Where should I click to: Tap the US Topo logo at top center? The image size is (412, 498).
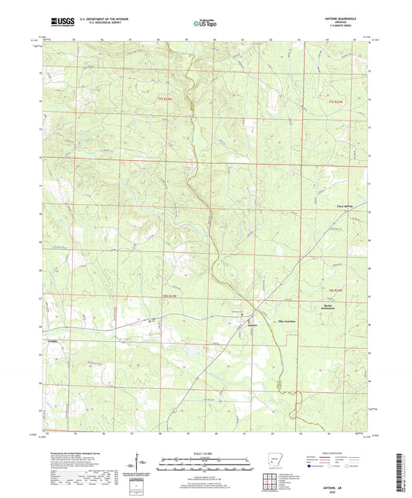pos(199,24)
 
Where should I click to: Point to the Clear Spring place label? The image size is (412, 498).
pos(331,206)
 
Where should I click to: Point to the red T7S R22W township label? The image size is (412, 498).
pos(334,99)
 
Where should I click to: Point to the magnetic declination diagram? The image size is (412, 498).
pos(140,463)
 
